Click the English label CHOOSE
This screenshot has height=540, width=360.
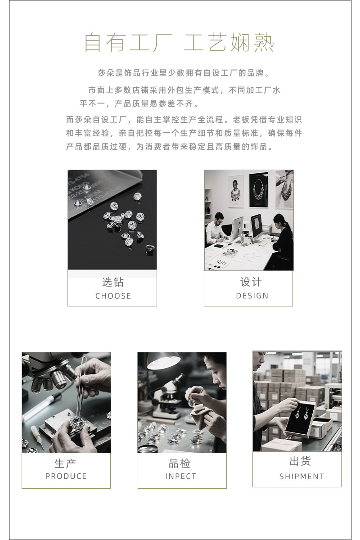113,296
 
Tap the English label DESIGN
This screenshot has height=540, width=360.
252,296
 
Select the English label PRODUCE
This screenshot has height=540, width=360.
66,476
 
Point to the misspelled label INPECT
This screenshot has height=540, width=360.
180,476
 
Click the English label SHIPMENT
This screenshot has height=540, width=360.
301,477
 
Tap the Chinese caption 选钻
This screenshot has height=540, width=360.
112,282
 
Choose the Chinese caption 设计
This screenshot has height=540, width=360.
251,282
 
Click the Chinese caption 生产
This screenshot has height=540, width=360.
66,463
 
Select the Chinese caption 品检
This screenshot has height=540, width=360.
180,463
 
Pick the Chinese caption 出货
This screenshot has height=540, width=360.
300,461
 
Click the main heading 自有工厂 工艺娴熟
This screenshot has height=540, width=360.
179,43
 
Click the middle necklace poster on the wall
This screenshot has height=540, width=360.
258,189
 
